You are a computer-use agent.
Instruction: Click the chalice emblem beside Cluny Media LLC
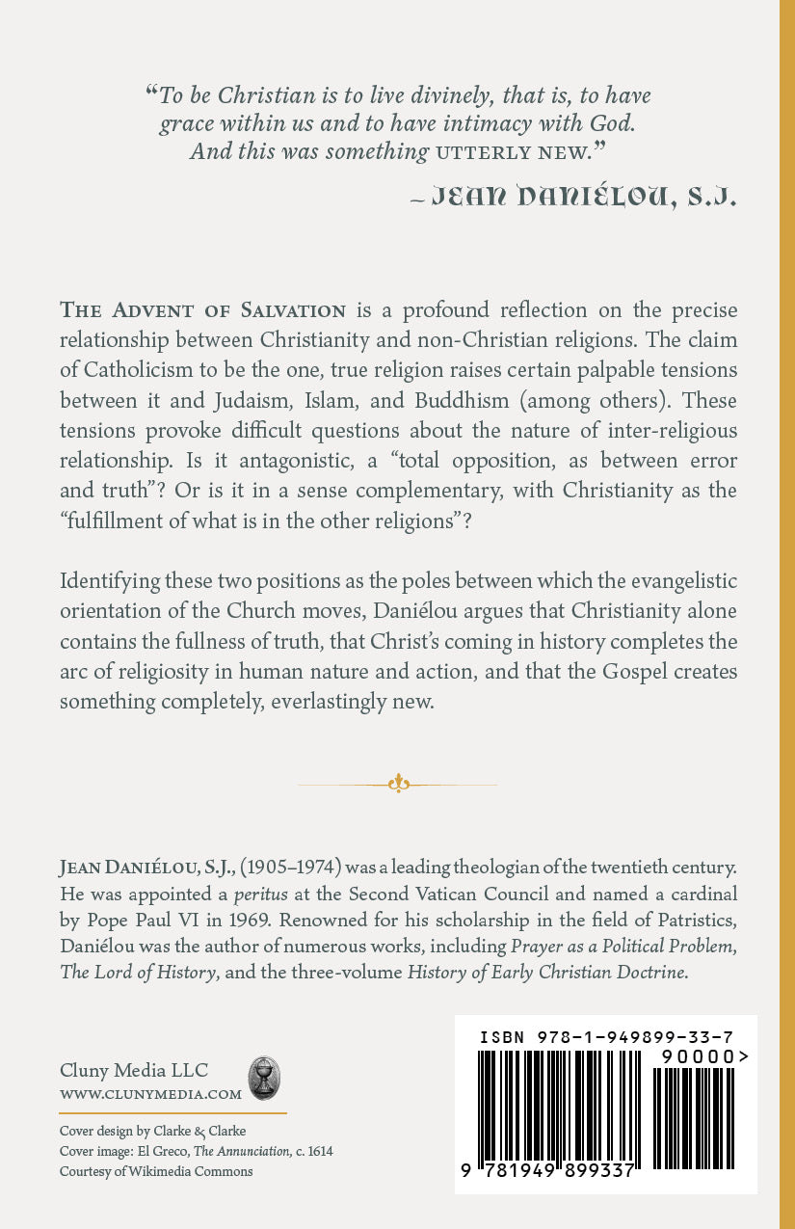262,1079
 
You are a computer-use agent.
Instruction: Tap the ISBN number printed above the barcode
605,1037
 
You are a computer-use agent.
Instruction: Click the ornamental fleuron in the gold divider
398,784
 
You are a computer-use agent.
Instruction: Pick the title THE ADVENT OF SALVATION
203,310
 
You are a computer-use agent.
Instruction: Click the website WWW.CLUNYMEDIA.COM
150,1094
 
